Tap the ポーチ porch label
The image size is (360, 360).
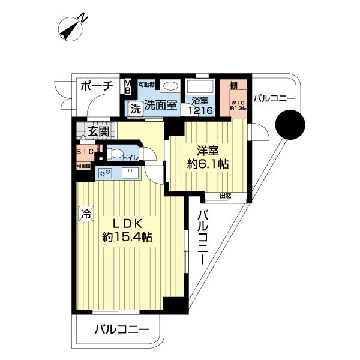(x=96, y=86)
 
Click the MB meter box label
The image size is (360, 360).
(x=127, y=86)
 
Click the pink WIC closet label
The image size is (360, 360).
(x=239, y=106)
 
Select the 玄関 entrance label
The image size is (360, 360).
(x=97, y=131)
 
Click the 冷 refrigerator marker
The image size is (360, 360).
(x=85, y=212)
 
